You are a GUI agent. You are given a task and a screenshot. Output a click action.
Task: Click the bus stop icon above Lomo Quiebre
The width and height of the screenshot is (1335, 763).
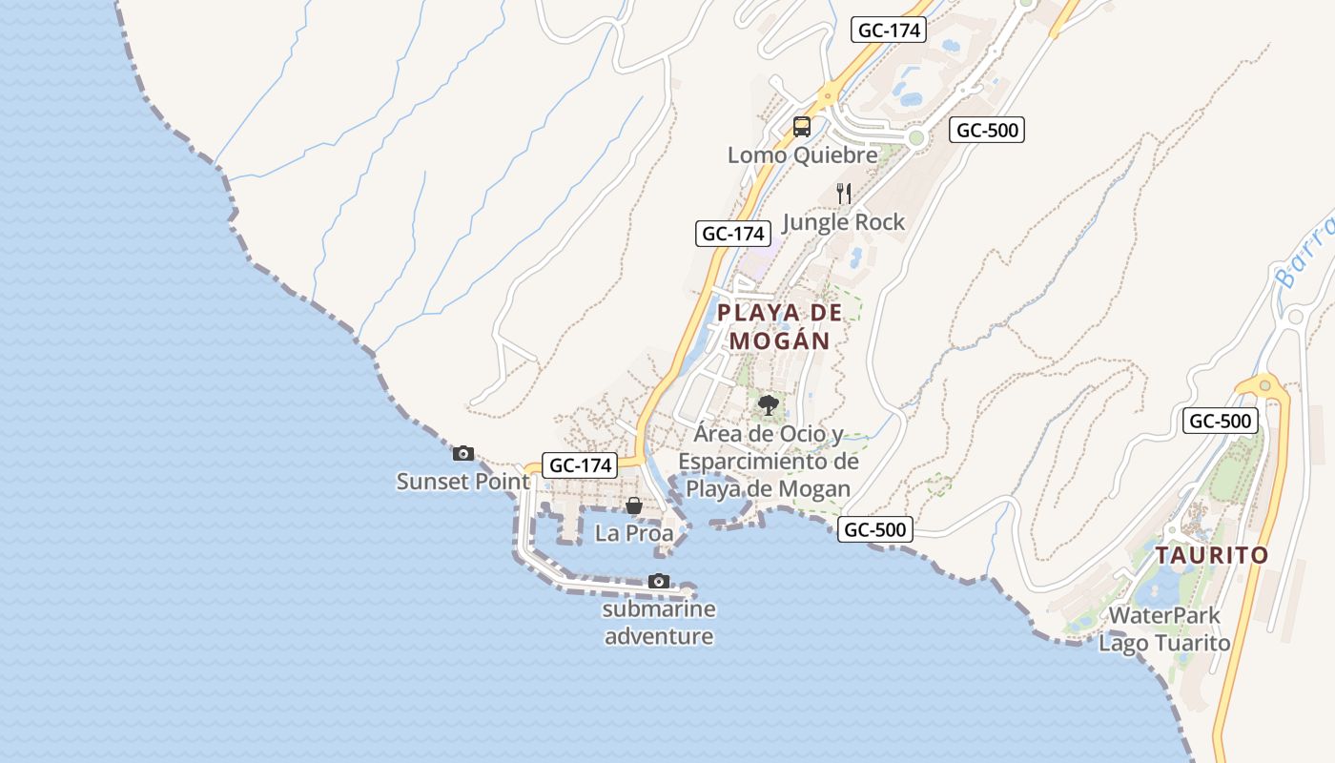(802, 127)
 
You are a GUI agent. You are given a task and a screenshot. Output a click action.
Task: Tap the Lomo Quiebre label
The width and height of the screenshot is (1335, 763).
(802, 155)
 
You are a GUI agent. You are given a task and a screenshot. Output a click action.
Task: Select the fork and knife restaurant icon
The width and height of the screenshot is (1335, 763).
(844, 194)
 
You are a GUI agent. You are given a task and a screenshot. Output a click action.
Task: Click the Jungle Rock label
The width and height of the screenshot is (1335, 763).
(843, 222)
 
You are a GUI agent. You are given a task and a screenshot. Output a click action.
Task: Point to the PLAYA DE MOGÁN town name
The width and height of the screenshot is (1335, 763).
(780, 326)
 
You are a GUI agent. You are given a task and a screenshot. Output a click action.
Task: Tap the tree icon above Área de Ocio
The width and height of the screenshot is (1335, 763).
(768, 406)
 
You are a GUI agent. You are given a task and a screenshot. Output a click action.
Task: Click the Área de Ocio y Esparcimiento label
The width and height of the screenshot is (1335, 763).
(769, 462)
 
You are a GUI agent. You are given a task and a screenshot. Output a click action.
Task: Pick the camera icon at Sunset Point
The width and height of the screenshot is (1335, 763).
(463, 453)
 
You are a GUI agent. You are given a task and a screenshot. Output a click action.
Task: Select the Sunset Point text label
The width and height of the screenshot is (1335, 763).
(462, 482)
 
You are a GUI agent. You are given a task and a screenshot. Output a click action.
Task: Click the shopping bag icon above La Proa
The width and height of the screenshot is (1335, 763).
(633, 505)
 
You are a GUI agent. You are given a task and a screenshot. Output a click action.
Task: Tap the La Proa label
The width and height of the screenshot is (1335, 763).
(634, 533)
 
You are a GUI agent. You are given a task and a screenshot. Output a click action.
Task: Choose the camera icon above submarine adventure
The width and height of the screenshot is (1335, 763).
(658, 581)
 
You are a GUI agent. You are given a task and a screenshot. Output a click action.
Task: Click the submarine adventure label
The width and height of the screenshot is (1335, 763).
(659, 623)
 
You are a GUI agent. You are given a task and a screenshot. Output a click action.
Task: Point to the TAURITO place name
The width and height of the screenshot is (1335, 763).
(1212, 555)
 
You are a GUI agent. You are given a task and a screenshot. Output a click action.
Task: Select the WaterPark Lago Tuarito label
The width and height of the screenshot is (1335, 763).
(1164, 629)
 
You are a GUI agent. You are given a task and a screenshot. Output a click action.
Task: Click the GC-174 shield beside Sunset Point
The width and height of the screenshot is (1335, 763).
(580, 465)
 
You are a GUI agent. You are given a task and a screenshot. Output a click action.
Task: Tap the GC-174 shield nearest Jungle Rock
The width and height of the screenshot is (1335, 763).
(732, 233)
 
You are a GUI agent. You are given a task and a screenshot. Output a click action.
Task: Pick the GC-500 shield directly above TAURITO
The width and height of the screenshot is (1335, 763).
(1221, 421)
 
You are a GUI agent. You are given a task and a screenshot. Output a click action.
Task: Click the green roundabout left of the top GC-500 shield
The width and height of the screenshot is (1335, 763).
(916, 139)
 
